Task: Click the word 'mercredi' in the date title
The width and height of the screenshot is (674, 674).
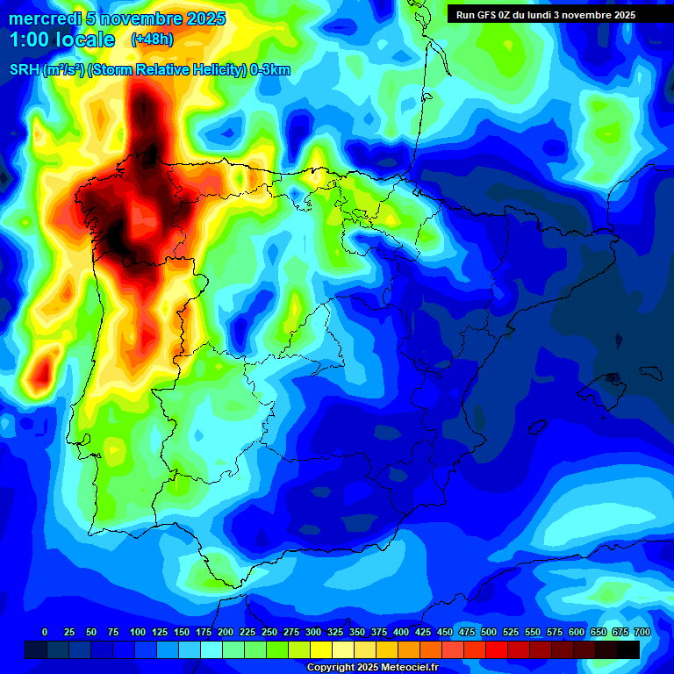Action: click(x=41, y=18)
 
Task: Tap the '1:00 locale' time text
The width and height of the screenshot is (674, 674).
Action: click(x=62, y=39)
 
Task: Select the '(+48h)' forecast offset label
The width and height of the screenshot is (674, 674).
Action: click(x=152, y=39)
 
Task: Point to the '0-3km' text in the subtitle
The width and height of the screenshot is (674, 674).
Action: click(x=270, y=70)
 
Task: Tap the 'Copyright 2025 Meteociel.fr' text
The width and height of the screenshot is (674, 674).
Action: click(x=372, y=667)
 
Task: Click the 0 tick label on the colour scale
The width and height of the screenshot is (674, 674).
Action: click(x=45, y=632)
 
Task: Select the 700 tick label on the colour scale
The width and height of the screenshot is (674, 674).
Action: click(x=642, y=632)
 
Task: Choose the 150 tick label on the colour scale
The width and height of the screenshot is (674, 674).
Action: click(x=182, y=632)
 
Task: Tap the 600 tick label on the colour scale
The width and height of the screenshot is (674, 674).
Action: click(x=577, y=632)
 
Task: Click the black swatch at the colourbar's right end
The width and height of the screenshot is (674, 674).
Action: click(x=628, y=649)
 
